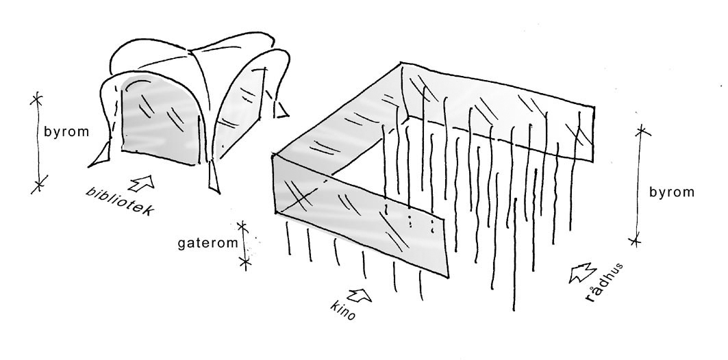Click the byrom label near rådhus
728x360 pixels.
point(672,192)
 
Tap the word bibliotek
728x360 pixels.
point(118,201)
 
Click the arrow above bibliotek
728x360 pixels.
point(145,182)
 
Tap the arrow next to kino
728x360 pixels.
point(359,296)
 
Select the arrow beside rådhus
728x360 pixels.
point(580,273)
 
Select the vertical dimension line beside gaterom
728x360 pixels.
point(243,243)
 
